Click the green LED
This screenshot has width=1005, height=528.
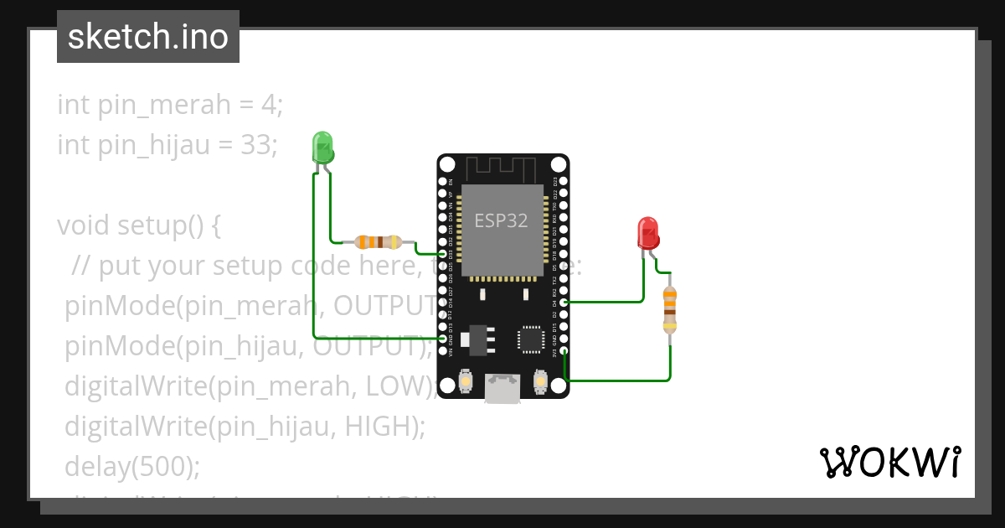tap(322, 148)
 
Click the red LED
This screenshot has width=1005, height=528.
tap(648, 233)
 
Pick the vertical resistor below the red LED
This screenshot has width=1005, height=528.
tap(669, 309)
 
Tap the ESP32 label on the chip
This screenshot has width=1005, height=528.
tap(501, 220)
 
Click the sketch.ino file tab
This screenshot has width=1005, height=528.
tap(148, 37)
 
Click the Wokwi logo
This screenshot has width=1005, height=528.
tap(889, 463)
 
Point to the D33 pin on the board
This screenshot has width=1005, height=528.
tap(443, 253)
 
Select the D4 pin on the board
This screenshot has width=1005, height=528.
tap(564, 302)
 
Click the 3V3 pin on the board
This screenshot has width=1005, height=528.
tap(564, 351)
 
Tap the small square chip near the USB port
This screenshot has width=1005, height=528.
tap(530, 339)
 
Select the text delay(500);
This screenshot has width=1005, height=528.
tap(132, 466)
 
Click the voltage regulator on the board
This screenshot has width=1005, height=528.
tap(478, 337)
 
